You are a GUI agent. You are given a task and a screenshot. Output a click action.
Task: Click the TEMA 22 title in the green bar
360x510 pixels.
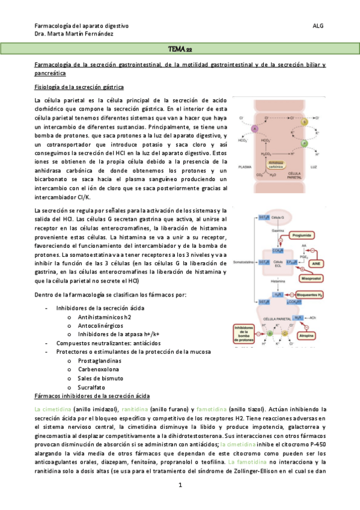(180, 48)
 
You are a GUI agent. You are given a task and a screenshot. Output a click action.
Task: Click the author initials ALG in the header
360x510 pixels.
(318, 26)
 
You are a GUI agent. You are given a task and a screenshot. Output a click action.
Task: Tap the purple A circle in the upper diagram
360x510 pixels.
(254, 129)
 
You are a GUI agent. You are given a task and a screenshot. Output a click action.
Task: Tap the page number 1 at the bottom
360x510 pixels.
(180, 484)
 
